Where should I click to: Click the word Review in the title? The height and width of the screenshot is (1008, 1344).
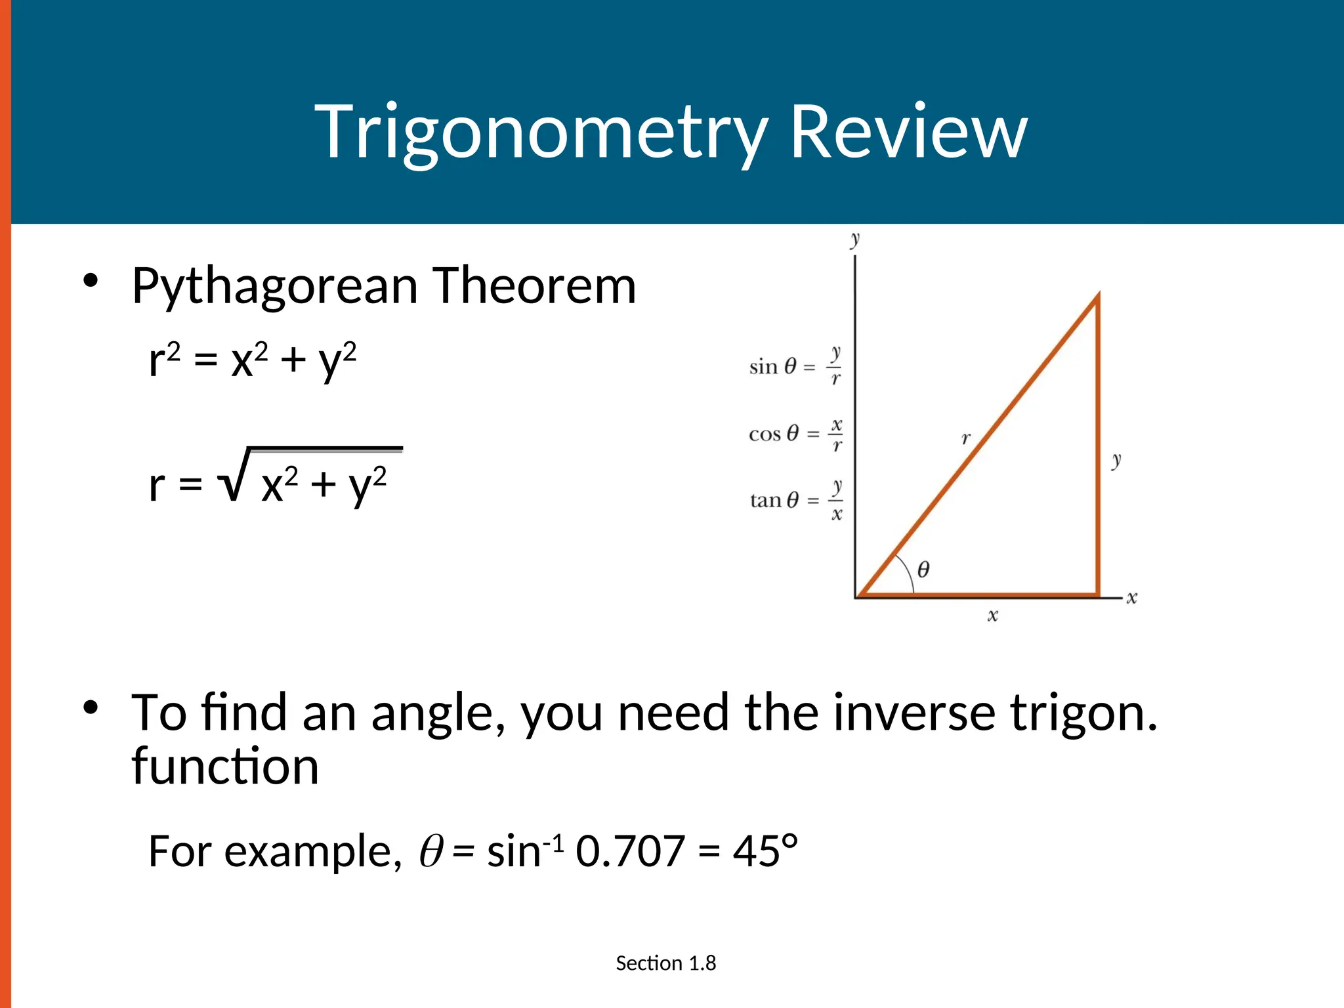908,133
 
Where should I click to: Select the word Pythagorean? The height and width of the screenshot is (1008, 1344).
274,287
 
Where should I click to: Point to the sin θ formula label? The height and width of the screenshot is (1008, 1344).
795,366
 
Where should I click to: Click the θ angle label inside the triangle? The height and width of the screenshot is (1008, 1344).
923,569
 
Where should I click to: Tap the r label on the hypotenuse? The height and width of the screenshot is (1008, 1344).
965,438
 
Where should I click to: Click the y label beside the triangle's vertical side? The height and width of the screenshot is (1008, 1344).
1116,460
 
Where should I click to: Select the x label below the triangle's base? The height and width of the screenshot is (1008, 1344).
992,616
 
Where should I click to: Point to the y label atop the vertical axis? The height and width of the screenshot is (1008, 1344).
854,239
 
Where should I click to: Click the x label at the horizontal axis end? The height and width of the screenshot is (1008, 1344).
1132,598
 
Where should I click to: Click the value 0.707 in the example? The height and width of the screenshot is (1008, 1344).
630,851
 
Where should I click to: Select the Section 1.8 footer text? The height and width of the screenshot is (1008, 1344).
665,963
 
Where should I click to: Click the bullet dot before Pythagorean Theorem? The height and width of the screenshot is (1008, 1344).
91,281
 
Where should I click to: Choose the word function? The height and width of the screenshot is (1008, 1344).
225,766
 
